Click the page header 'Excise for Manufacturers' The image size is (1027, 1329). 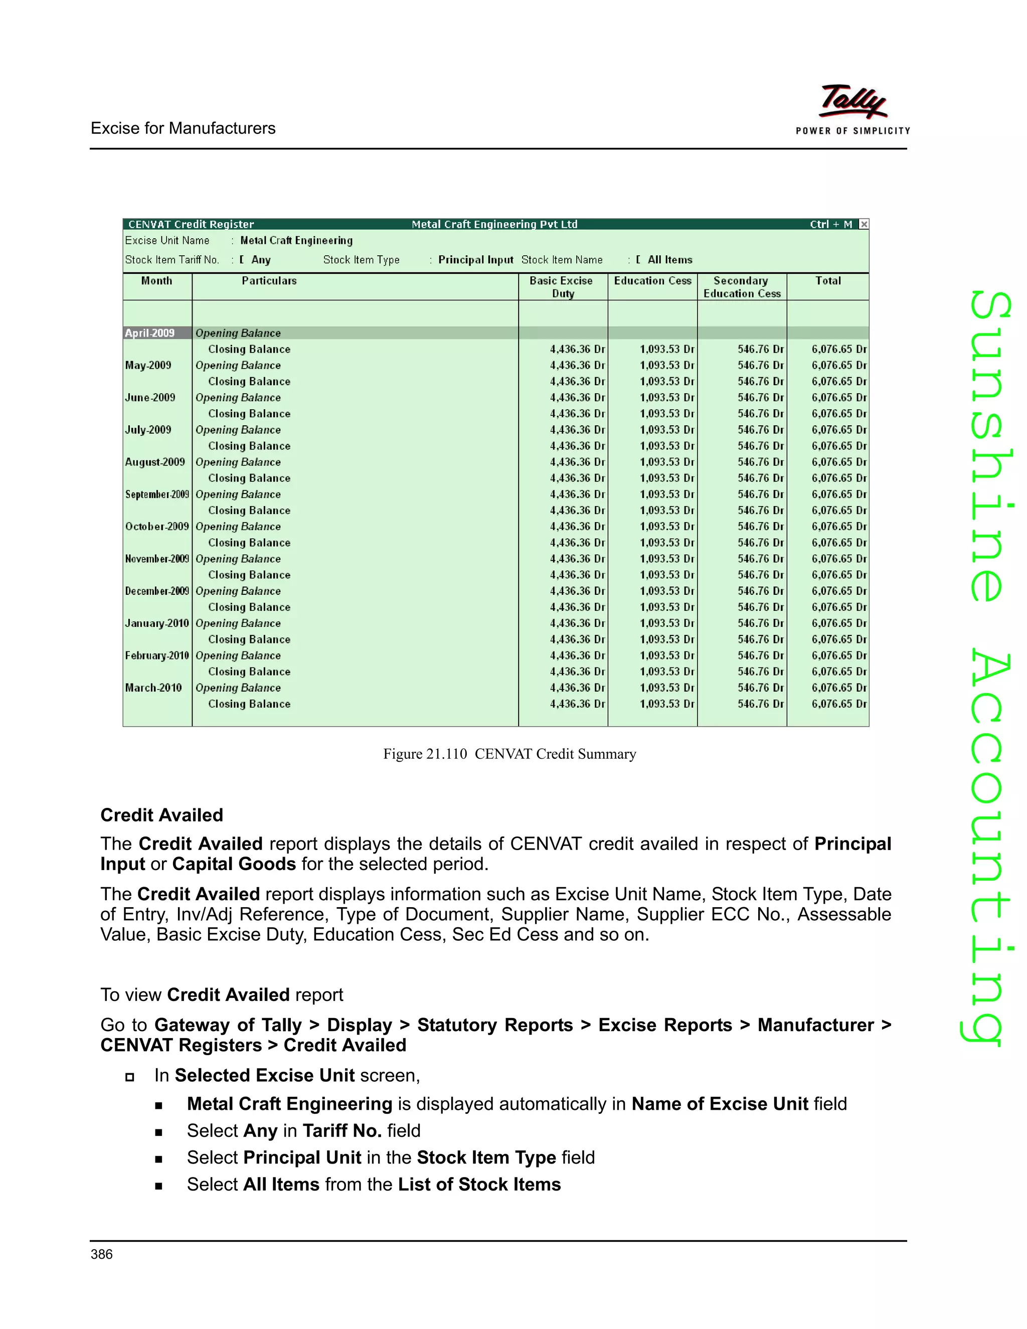tap(183, 128)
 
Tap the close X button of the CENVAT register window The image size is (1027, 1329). tap(864, 224)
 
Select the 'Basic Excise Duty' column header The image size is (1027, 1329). tap(562, 286)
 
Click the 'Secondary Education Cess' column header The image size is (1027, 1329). tap(742, 286)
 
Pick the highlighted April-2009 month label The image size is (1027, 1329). tap(149, 333)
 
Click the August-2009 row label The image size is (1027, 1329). tap(154, 462)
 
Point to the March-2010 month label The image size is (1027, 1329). tap(153, 688)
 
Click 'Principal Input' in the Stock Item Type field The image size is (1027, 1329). tap(476, 260)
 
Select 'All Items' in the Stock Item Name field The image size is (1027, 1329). tap(669, 260)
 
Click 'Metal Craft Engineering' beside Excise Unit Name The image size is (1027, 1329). tap(296, 240)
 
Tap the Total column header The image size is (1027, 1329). tap(827, 280)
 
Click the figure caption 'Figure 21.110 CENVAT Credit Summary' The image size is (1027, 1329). tap(509, 754)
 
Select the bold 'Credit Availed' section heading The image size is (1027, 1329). tap(162, 815)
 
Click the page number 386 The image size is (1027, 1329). tap(102, 1254)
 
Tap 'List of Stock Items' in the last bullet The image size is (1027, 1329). tap(479, 1184)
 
